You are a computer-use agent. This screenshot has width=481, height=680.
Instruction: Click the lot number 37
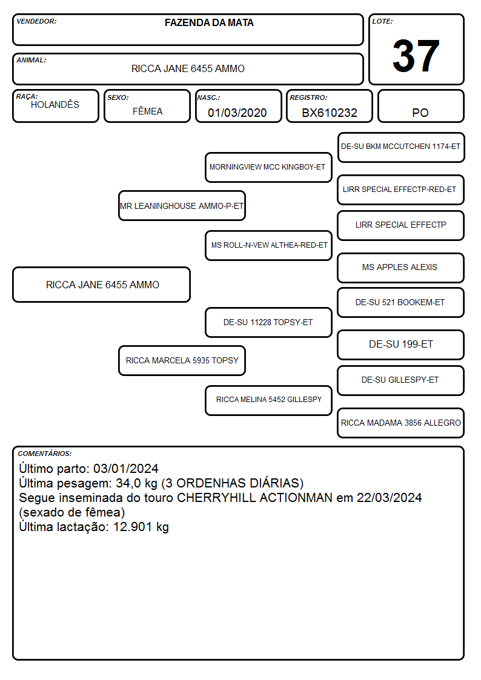click(416, 56)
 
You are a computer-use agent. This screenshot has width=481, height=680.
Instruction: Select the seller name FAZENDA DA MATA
click(209, 23)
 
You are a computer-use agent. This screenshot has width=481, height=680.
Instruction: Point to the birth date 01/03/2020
click(237, 113)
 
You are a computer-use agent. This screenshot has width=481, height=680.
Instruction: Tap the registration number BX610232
click(330, 113)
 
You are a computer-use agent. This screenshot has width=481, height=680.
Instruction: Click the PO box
click(420, 106)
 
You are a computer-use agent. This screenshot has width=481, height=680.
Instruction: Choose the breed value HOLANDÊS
click(55, 105)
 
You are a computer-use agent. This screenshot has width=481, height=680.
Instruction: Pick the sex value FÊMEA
click(147, 111)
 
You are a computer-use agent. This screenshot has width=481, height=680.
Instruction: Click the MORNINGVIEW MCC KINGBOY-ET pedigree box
click(268, 167)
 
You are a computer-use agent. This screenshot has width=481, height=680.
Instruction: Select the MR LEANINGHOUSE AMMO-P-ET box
click(182, 205)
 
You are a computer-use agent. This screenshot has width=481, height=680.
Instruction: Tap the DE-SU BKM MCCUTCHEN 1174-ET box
click(401, 148)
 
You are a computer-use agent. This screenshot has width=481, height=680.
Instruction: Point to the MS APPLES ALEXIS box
click(401, 268)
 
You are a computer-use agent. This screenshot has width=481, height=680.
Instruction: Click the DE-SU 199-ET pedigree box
click(401, 345)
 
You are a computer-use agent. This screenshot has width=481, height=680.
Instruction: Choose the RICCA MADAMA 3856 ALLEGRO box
click(401, 423)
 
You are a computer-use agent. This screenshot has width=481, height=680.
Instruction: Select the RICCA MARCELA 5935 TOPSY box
click(182, 360)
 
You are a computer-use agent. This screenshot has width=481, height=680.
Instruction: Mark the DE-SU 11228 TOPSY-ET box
click(268, 322)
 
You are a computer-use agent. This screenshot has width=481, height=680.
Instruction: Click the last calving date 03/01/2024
click(126, 468)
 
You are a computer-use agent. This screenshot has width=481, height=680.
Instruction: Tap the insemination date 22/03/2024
click(389, 497)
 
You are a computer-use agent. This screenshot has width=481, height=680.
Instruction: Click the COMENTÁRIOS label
click(45, 454)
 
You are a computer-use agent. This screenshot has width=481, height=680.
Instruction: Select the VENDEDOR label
click(36, 21)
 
